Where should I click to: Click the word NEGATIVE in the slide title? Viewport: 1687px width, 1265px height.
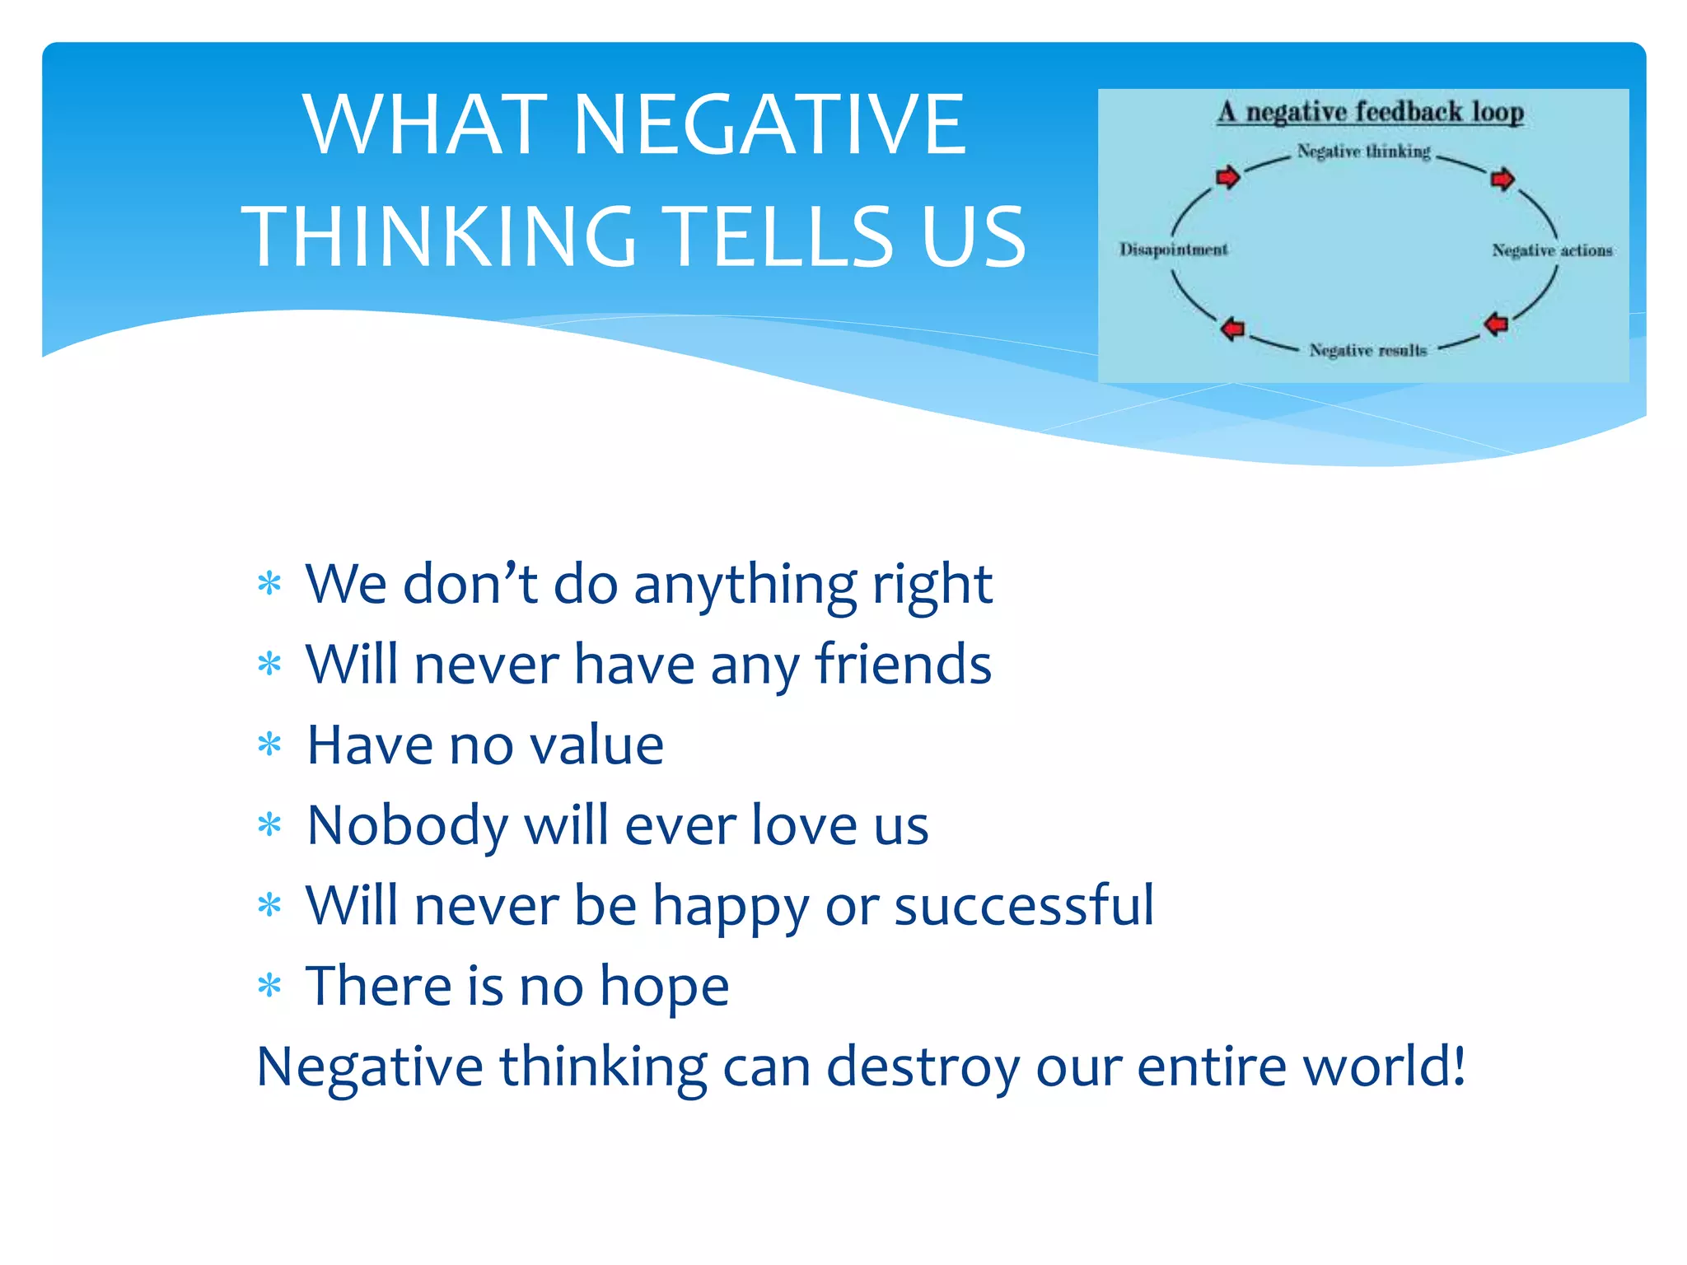tap(769, 125)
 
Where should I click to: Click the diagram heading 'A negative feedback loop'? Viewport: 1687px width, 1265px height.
tap(1370, 112)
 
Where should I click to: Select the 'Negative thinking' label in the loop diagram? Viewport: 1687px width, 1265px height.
tap(1363, 152)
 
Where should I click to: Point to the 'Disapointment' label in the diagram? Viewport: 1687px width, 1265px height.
tap(1173, 250)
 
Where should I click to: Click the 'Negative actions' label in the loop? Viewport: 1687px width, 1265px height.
tap(1552, 250)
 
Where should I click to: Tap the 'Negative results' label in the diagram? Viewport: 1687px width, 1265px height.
tap(1367, 351)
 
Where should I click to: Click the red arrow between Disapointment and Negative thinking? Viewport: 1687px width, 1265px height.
tap(1227, 177)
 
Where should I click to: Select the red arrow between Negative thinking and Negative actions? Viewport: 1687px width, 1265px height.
tap(1502, 179)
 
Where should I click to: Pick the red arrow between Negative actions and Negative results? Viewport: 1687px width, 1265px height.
tap(1496, 324)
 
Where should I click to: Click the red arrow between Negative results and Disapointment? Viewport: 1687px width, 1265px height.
tap(1232, 329)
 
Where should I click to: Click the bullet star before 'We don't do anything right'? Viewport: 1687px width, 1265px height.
tap(269, 584)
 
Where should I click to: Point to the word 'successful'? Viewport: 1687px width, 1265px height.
tap(1024, 905)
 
